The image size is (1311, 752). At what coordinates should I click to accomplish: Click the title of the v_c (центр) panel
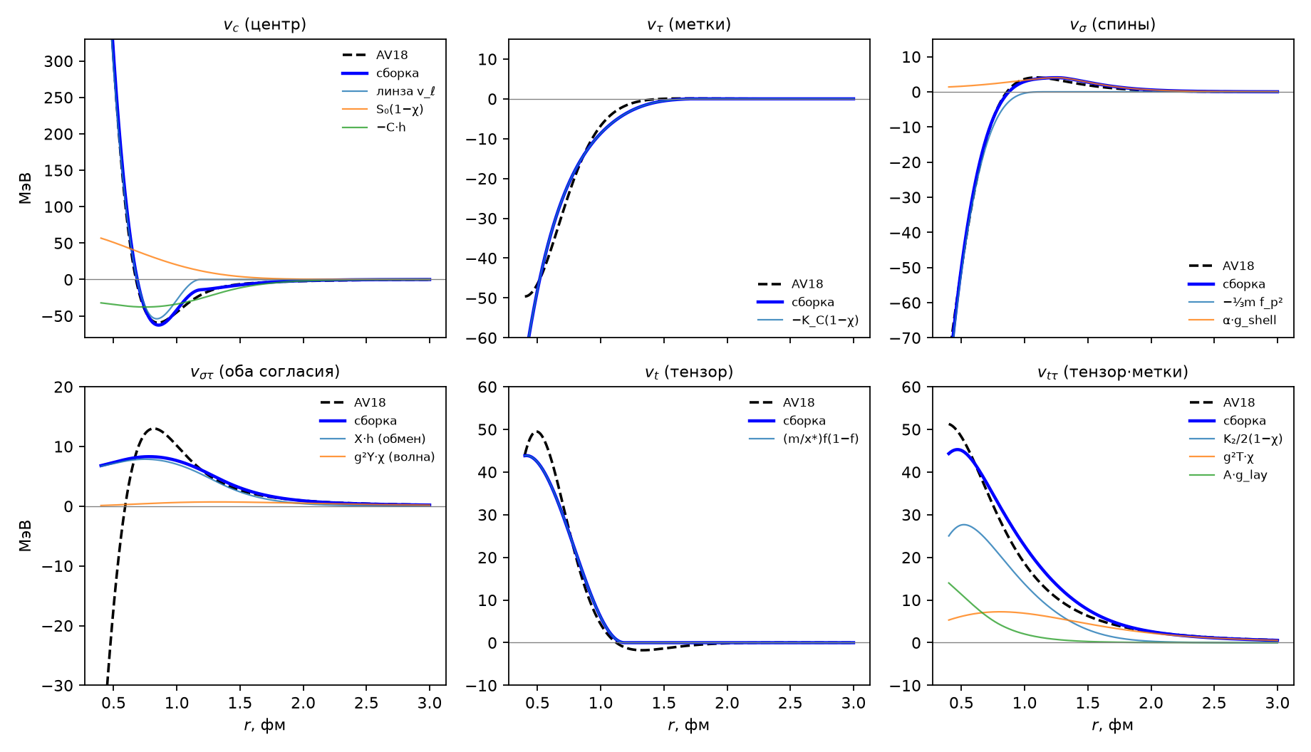pos(264,25)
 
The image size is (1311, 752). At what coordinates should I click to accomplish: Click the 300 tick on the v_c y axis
pos(58,61)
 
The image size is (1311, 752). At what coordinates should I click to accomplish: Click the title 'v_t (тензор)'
pos(689,372)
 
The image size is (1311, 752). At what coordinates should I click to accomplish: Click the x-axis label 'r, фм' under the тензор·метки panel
pos(1112,726)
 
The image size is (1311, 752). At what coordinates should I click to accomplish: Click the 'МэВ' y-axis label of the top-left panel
pos(26,188)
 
